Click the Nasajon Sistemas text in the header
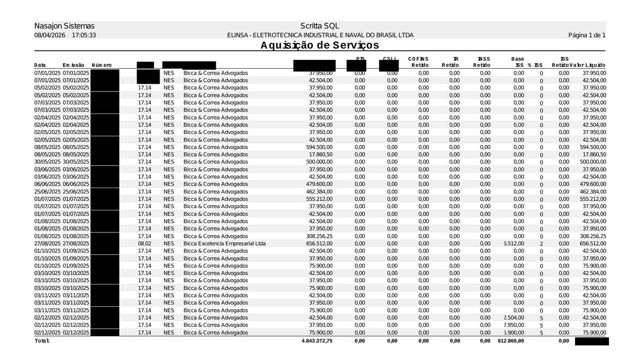point(64,26)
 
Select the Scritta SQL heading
point(320,26)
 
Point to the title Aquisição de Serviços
point(320,45)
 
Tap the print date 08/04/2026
point(50,35)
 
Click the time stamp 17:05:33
point(84,35)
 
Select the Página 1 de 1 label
point(587,35)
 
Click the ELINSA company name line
point(320,35)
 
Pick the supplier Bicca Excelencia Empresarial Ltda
point(224,244)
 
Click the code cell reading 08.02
point(144,244)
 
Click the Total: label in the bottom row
point(42,341)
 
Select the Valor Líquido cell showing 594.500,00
point(593,147)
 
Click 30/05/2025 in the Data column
point(48,162)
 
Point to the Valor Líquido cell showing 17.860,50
point(594,155)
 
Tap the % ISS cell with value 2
point(541,244)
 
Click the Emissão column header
point(73,65)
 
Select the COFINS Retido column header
point(418,62)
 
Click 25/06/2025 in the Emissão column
point(76,192)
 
